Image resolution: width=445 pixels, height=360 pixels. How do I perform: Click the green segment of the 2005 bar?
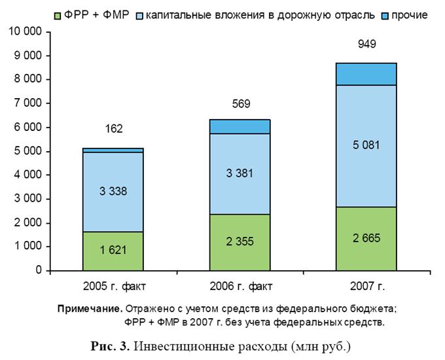(x=113, y=251)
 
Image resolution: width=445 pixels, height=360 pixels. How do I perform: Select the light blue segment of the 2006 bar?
(x=240, y=173)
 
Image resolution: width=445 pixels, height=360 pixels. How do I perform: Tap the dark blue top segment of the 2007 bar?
(x=366, y=74)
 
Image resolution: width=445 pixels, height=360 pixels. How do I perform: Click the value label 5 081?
(x=366, y=145)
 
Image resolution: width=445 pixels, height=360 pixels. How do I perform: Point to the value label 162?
(x=114, y=128)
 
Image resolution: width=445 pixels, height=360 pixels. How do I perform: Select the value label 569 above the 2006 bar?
(x=241, y=103)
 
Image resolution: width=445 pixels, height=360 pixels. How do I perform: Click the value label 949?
(x=366, y=44)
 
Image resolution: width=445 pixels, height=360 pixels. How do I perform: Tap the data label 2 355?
(x=240, y=242)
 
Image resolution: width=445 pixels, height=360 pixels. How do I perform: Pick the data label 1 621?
(x=113, y=250)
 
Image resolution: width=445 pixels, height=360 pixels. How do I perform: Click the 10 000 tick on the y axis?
(x=26, y=31)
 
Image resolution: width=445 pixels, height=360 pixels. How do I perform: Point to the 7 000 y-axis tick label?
(x=28, y=103)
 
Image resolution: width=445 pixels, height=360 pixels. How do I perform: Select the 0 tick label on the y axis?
(x=39, y=270)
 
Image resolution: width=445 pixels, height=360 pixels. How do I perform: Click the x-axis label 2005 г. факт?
(x=114, y=286)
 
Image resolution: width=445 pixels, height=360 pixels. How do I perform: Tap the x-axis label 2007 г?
(x=367, y=286)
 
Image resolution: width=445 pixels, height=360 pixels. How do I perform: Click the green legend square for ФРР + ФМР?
(x=58, y=16)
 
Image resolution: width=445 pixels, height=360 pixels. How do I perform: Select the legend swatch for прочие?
(x=385, y=16)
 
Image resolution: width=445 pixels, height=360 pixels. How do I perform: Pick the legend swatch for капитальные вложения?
(x=139, y=16)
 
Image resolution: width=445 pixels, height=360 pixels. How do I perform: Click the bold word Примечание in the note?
(x=90, y=309)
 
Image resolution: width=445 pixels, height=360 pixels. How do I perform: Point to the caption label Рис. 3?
(x=110, y=346)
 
